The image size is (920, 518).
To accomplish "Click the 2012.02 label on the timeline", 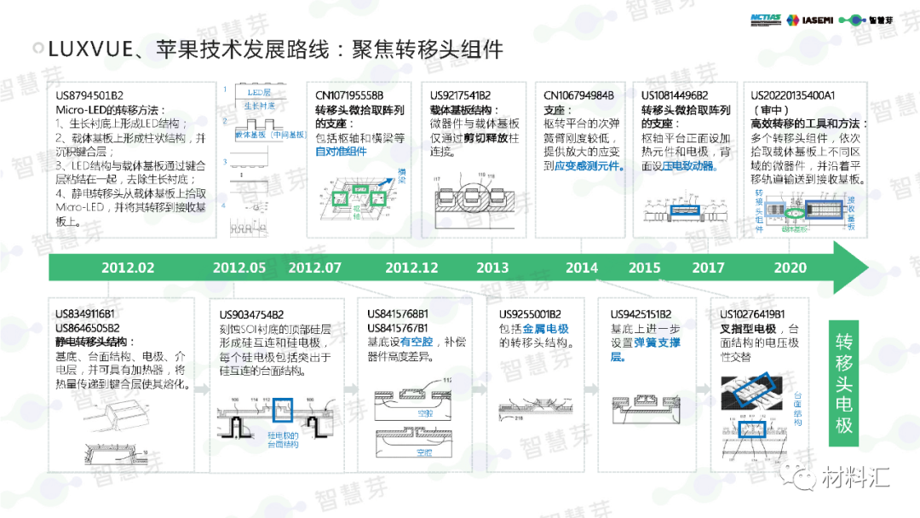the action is coord(128,268).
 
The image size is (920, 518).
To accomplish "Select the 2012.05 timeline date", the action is coord(239,268).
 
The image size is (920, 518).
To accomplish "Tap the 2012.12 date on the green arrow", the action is coord(411,268).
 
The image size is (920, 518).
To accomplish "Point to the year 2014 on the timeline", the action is coord(582,268).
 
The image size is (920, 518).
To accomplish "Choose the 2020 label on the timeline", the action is coord(791,268).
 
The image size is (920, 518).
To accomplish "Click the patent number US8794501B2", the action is coord(89,95).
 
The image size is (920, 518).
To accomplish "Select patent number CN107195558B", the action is coord(349,95).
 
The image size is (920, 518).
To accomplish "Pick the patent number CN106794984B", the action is coord(578,95).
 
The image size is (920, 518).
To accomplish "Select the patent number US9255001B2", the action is coord(530,314).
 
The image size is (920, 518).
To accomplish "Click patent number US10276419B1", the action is coord(752,314).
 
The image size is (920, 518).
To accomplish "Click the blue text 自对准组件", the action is coord(341,152).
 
